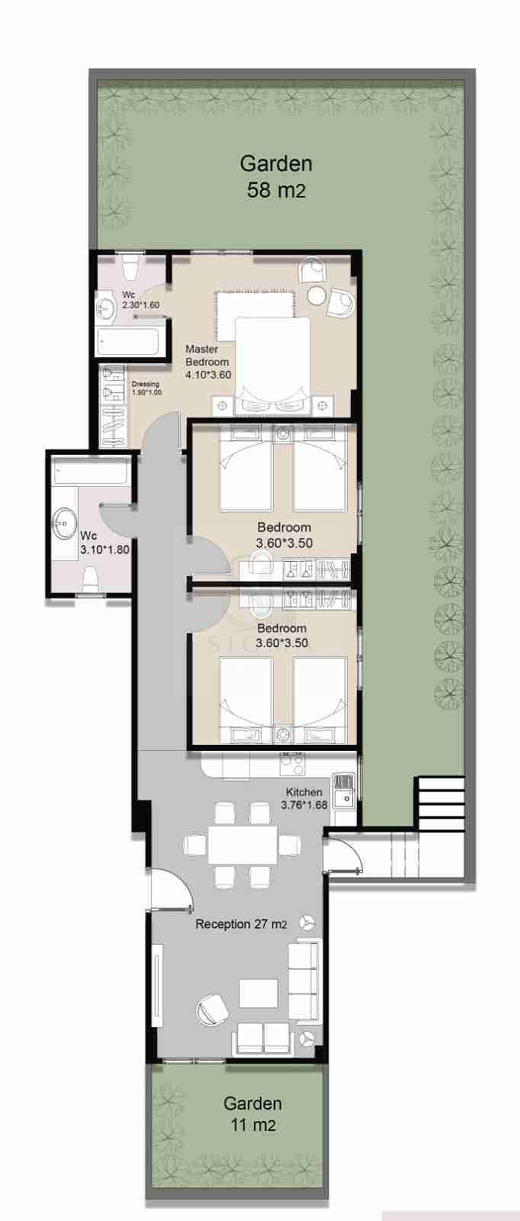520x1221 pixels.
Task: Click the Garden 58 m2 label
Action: (276, 176)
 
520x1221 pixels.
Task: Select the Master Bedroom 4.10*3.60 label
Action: (207, 362)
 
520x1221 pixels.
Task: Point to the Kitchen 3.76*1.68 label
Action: (304, 798)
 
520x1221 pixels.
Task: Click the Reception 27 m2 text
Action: (241, 924)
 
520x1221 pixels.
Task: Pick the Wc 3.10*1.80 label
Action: (104, 543)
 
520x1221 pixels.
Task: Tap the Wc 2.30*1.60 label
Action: (140, 300)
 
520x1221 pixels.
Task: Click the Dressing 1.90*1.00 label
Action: (146, 388)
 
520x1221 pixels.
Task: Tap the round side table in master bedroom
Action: (316, 295)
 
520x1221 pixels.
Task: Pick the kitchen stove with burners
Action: (292, 764)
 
